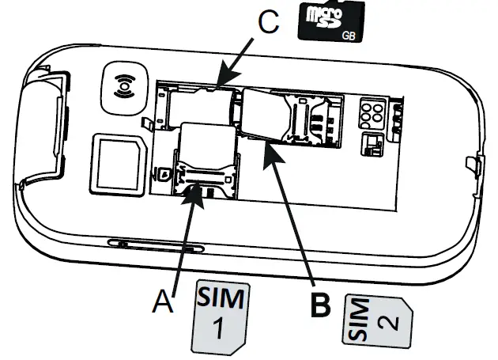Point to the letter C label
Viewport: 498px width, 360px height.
click(270, 23)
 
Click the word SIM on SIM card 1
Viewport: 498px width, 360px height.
click(222, 300)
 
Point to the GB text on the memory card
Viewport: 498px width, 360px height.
click(348, 36)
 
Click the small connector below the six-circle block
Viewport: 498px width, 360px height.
click(370, 143)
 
